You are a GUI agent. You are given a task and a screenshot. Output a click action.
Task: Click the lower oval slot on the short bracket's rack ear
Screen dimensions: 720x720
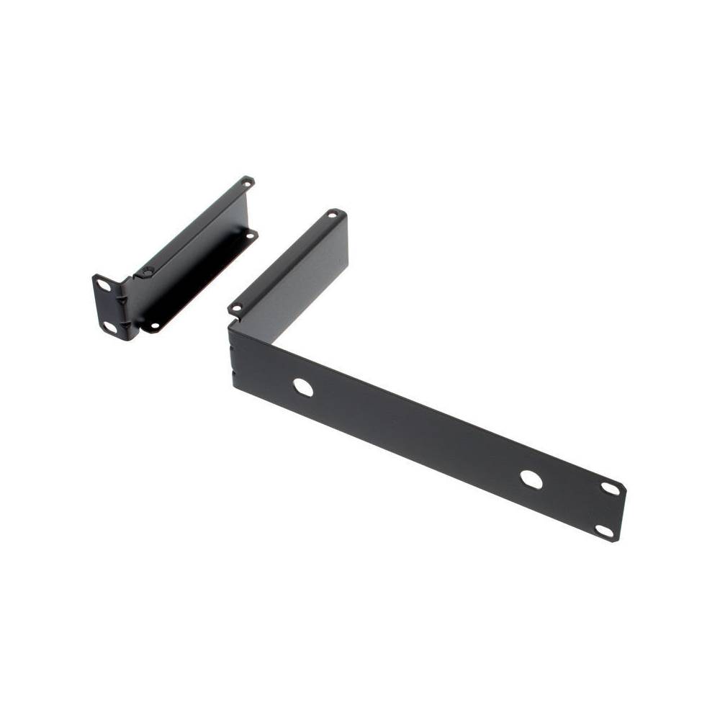(x=109, y=327)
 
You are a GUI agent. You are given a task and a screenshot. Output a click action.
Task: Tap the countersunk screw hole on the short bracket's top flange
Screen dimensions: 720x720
(x=148, y=271)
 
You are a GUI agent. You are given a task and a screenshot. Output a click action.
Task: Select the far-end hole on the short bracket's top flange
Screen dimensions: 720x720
(x=246, y=183)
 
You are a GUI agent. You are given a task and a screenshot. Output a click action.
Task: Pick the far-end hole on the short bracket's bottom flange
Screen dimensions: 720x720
(x=251, y=235)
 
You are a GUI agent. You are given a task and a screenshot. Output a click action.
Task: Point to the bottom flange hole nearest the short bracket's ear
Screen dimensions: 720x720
(x=153, y=325)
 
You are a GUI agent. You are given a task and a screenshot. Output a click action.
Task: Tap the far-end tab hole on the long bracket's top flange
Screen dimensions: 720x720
(x=333, y=214)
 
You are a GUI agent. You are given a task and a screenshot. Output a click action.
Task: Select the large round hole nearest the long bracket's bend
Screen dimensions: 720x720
(x=303, y=387)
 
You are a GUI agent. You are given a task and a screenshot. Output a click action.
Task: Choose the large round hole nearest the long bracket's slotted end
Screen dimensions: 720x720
(x=531, y=480)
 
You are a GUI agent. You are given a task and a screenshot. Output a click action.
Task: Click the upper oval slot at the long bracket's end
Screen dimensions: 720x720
(x=610, y=488)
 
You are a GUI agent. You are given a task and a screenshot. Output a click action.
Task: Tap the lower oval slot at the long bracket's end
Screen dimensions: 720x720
(x=604, y=531)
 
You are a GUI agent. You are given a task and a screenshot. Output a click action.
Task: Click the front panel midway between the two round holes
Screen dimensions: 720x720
(x=418, y=433)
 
